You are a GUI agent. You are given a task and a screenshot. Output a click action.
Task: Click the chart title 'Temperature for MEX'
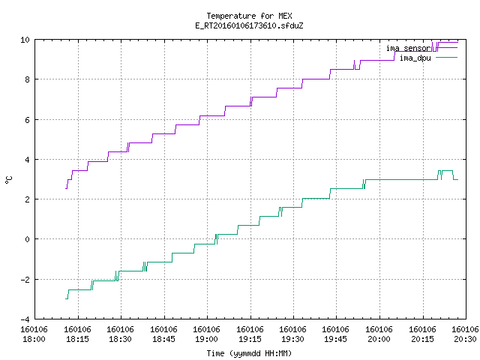(x=249, y=16)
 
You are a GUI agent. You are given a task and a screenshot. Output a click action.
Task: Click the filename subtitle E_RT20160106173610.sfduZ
(x=249, y=25)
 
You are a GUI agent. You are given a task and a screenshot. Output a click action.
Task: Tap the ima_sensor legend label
(x=408, y=48)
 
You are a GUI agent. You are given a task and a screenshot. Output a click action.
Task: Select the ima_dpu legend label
(x=415, y=58)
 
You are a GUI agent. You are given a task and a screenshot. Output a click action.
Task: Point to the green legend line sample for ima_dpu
(x=446, y=57)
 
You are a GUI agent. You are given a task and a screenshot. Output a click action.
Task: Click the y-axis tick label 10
(x=25, y=40)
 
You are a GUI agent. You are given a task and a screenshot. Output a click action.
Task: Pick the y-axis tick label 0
(x=27, y=239)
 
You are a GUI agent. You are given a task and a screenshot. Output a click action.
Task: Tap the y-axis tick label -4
(x=25, y=319)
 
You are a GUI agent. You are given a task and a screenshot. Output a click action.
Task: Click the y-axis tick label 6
(x=27, y=120)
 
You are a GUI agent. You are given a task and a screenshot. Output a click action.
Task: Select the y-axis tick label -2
(x=25, y=280)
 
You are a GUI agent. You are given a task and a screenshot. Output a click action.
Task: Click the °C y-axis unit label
(x=8, y=179)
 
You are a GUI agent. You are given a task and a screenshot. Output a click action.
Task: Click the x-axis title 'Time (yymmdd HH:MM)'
(x=249, y=353)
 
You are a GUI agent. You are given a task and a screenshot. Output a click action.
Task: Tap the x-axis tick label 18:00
(x=34, y=339)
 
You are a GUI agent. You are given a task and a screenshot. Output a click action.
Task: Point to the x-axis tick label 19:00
(x=207, y=339)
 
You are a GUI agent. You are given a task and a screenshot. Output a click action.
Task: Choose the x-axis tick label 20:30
(x=465, y=339)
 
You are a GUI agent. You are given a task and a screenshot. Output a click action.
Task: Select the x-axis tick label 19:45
(x=336, y=339)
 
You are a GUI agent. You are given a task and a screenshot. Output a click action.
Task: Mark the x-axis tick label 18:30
(x=120, y=339)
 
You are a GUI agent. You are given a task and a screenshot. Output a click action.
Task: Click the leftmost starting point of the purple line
(x=66, y=188)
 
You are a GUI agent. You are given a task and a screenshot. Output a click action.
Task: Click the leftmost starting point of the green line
(x=66, y=298)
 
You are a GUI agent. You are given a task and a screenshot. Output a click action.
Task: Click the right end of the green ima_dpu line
(x=458, y=180)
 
